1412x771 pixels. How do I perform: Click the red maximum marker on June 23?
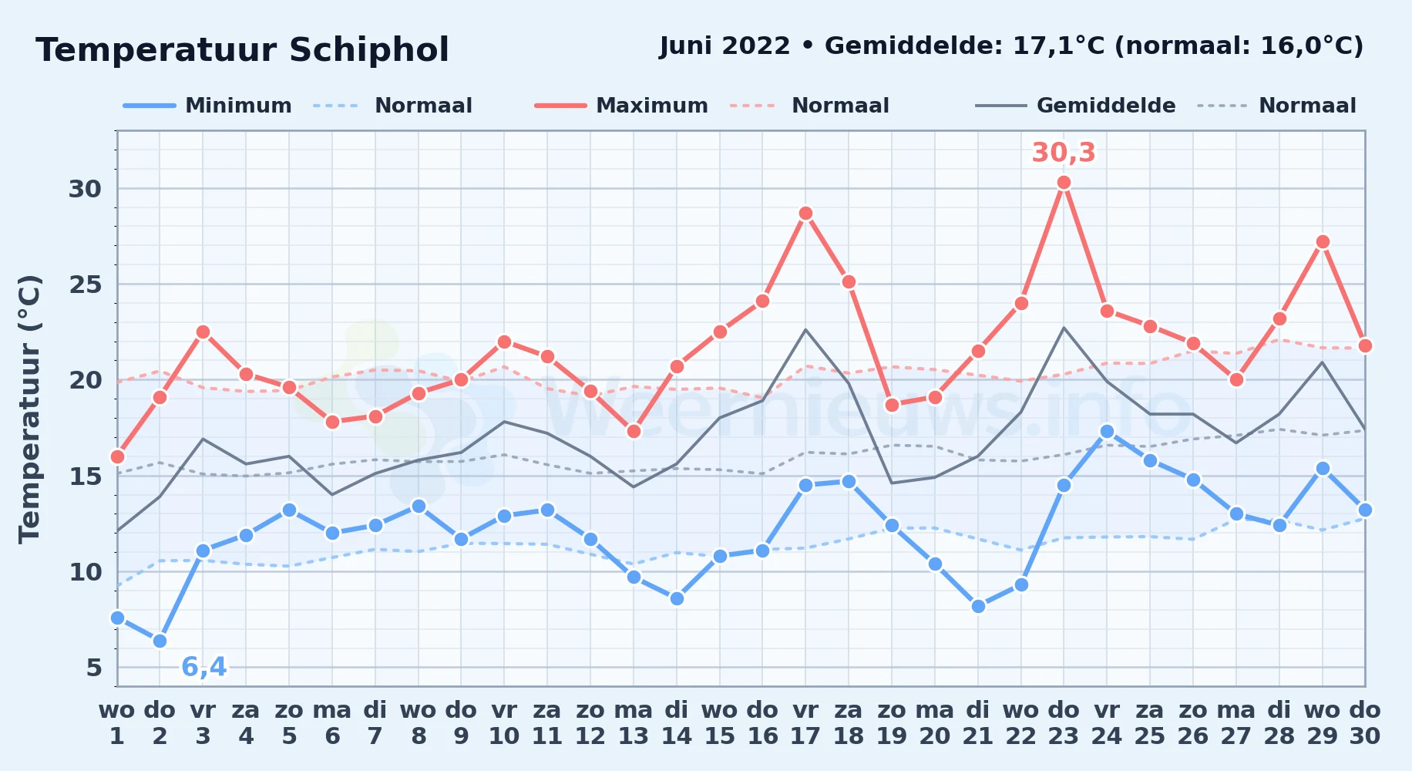click(x=1064, y=183)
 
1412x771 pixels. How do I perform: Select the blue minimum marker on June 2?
click(x=160, y=641)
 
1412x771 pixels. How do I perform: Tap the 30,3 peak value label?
click(x=1064, y=153)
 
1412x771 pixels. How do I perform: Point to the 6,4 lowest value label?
click(x=204, y=667)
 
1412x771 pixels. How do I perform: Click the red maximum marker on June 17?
click(x=805, y=214)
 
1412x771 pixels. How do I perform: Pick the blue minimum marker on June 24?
click(x=1107, y=431)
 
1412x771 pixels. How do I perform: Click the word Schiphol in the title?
click(x=368, y=50)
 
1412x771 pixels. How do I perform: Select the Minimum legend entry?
click(x=207, y=106)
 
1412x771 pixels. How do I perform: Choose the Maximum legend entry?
click(x=621, y=106)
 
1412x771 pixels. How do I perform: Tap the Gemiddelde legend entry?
click(x=1075, y=106)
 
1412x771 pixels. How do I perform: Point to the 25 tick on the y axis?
click(x=85, y=284)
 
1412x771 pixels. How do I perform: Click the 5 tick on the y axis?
click(x=94, y=668)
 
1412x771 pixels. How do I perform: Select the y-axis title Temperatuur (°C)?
click(x=29, y=409)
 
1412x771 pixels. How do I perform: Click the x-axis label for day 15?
click(x=719, y=723)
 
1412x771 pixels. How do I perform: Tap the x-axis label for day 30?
click(x=1364, y=723)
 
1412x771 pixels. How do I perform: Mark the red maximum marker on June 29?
click(x=1323, y=242)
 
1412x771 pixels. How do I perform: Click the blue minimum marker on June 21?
click(x=978, y=607)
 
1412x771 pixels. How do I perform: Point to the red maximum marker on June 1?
click(x=117, y=457)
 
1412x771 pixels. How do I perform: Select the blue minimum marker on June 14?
click(x=677, y=598)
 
